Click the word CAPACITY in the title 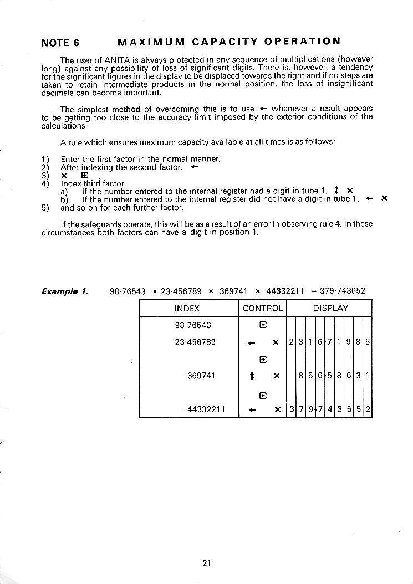coord(225,42)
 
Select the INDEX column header coord(187,308)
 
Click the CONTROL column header coord(263,308)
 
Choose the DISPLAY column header coord(330,308)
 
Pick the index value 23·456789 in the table coord(195,342)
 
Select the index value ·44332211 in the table coord(205,409)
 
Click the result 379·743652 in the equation coord(343,291)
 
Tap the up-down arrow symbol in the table coord(252,376)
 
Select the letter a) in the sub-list coord(64,191)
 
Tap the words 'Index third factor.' coord(93,183)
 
